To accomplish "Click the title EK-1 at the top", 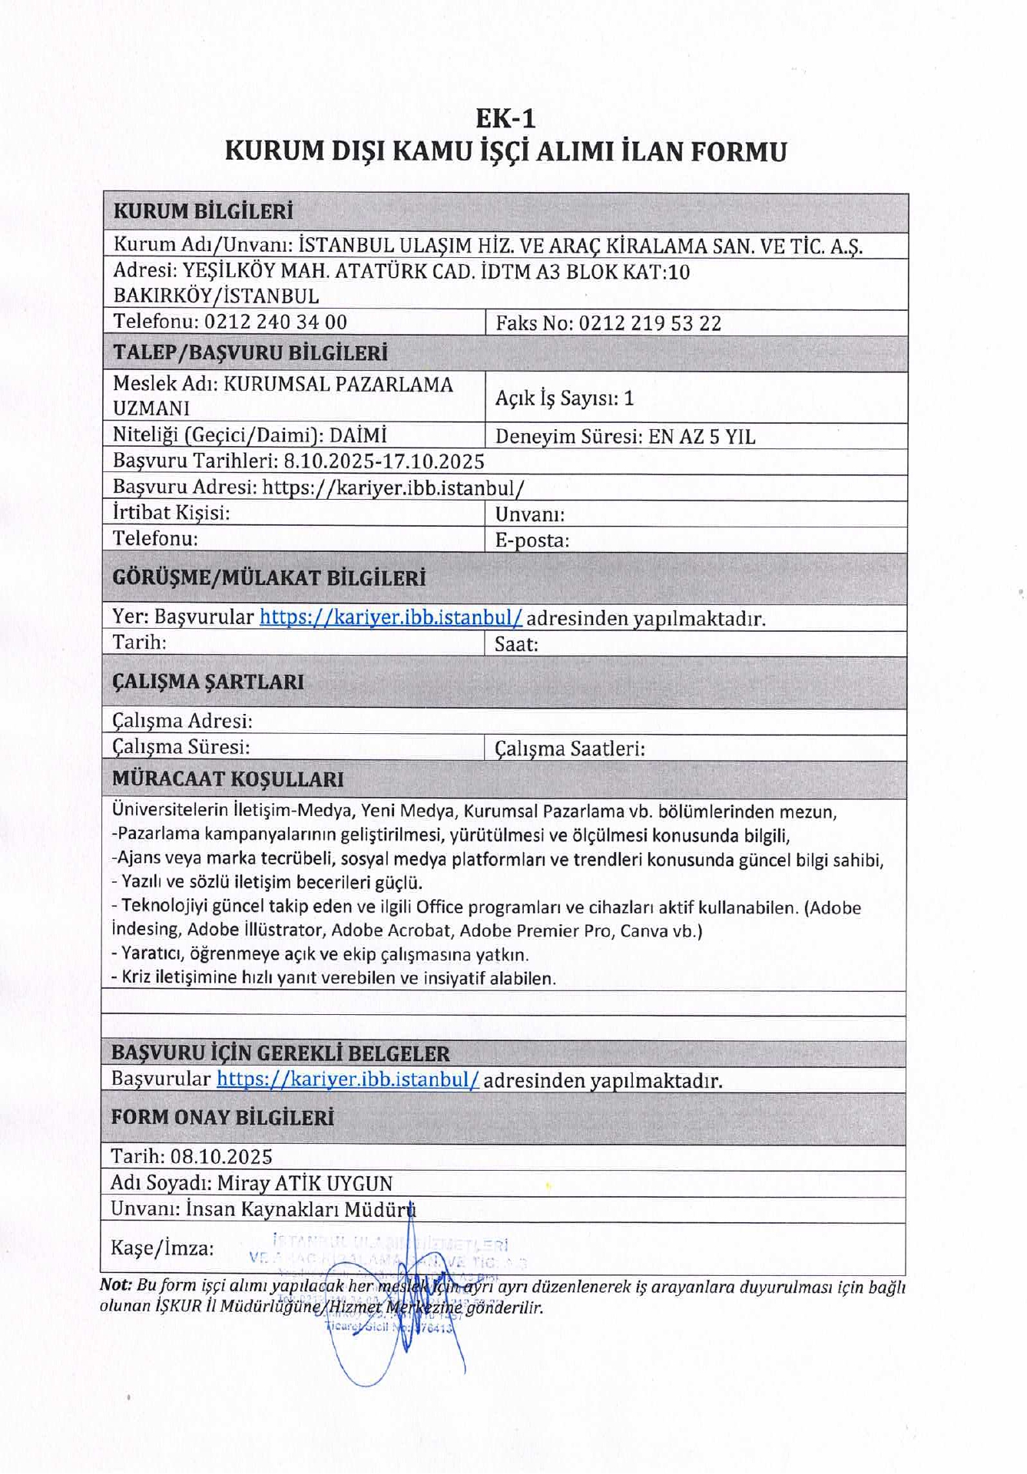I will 505,118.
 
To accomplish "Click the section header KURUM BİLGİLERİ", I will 203,212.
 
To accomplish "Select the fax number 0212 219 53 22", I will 650,323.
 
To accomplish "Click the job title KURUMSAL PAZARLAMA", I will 338,384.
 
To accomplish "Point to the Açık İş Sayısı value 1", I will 629,398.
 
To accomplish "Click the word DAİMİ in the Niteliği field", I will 358,435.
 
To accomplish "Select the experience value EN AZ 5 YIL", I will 701,437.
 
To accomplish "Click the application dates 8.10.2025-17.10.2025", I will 383,461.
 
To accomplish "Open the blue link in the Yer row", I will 390,617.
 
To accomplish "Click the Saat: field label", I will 515,644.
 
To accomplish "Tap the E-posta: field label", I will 532,540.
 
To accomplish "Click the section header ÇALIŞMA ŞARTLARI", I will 207,682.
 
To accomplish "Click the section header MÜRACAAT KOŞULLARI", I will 227,779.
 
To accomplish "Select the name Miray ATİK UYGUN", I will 304,1183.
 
